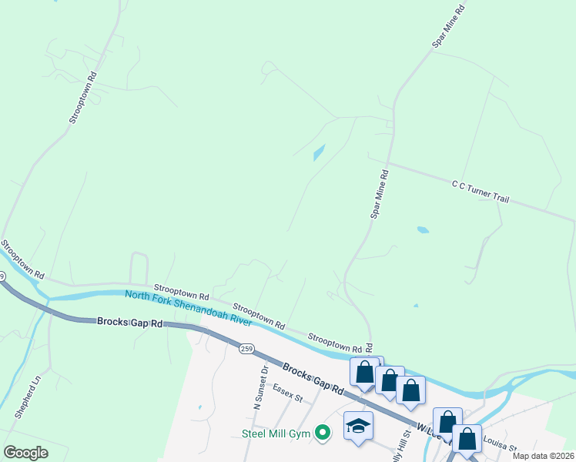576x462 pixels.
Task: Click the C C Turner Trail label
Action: (x=481, y=192)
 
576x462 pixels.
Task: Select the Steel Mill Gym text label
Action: (x=276, y=434)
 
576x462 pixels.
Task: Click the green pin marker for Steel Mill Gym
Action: (x=324, y=434)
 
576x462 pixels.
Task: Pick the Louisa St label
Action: (x=497, y=444)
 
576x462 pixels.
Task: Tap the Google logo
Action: (x=25, y=452)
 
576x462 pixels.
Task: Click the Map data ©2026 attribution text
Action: (x=543, y=456)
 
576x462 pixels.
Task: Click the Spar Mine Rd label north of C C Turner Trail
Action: (x=449, y=27)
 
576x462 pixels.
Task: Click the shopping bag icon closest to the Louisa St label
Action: (x=467, y=439)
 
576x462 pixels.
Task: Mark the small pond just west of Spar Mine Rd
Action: (x=319, y=152)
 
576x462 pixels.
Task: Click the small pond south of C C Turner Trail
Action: (x=422, y=230)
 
